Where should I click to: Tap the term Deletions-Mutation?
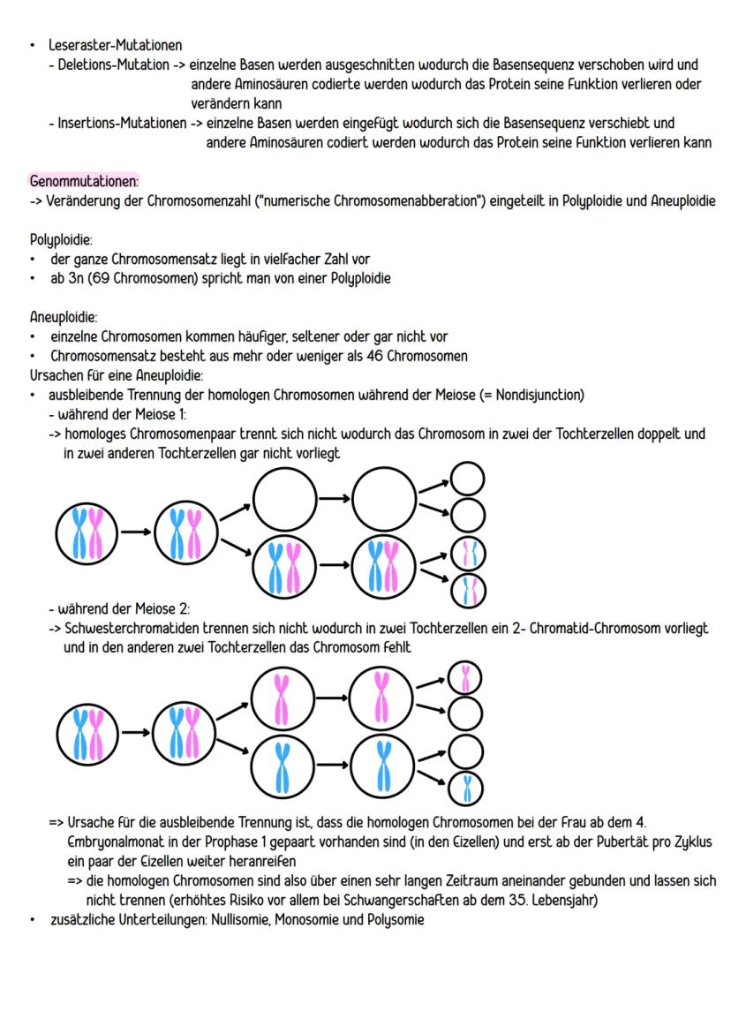pos(107,64)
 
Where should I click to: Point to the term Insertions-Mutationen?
pos(117,123)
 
